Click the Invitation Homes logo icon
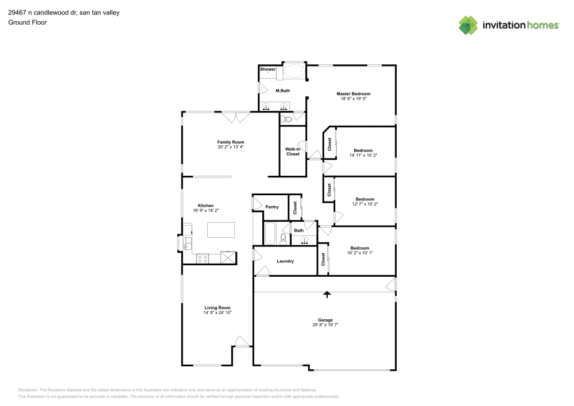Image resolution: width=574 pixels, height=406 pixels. click(x=468, y=25)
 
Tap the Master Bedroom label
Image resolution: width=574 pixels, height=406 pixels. click(x=353, y=94)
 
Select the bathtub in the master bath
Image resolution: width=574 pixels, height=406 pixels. click(x=295, y=72)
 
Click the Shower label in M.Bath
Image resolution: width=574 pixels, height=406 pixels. click(x=268, y=69)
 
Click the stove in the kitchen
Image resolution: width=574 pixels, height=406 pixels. click(x=203, y=258)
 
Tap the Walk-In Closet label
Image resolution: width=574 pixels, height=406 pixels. click(x=293, y=151)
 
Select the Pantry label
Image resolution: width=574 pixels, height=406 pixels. click(x=272, y=207)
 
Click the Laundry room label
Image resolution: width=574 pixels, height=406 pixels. click(x=285, y=261)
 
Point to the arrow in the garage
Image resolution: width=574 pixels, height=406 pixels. click(x=327, y=294)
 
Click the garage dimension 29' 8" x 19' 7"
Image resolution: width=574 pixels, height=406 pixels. click(x=325, y=325)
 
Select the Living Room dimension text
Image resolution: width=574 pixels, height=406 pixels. click(x=217, y=312)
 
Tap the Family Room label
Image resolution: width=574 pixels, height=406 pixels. click(x=231, y=142)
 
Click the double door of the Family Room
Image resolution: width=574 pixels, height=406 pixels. click(x=236, y=117)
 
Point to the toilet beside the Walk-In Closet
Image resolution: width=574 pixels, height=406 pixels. click(x=288, y=119)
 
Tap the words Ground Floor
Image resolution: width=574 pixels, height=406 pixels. click(x=27, y=22)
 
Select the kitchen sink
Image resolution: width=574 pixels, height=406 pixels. click(x=186, y=245)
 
